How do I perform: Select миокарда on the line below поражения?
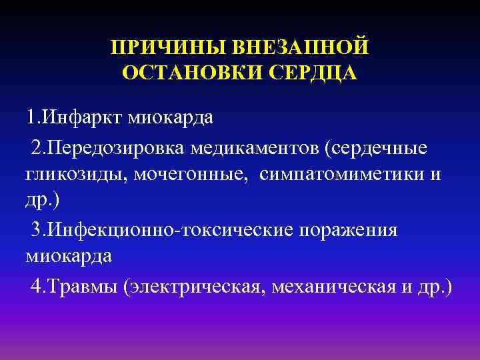69,257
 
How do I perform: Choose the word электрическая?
189,287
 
